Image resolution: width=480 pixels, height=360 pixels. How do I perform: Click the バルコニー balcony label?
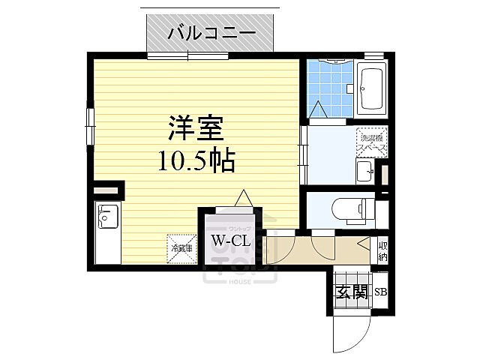[x=211, y=33]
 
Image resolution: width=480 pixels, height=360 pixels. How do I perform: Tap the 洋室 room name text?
[x=196, y=128]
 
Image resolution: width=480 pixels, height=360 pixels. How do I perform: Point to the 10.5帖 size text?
[x=196, y=159]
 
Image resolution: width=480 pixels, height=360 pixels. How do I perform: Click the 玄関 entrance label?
[x=352, y=292]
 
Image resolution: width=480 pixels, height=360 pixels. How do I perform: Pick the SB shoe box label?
[x=380, y=292]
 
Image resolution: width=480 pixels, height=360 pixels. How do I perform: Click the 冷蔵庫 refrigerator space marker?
[x=181, y=248]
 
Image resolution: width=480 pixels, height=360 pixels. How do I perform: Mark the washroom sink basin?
[x=366, y=173]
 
